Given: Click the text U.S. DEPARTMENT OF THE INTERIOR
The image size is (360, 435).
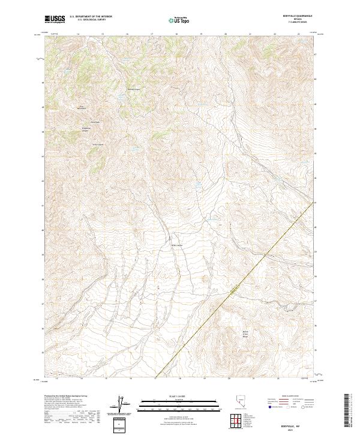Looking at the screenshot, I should pos(91,17).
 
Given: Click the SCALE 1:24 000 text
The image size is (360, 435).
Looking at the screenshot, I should pos(179,395).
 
